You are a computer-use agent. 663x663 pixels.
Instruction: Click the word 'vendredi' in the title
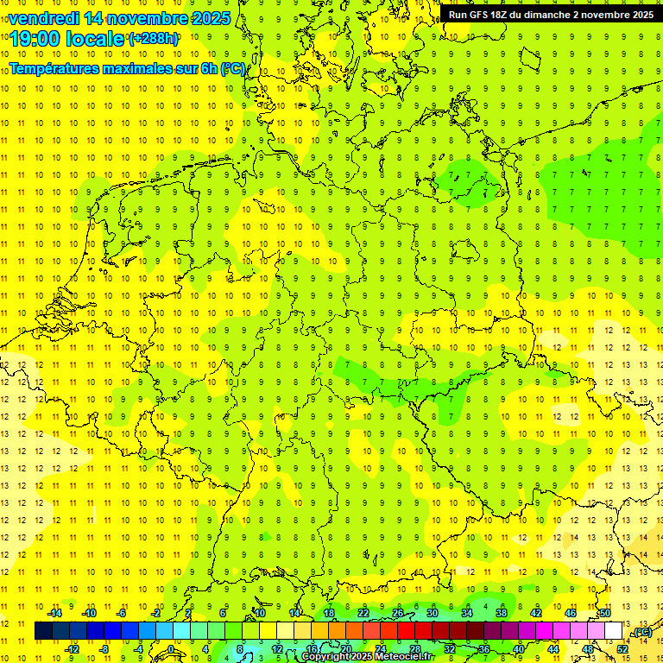click(x=45, y=18)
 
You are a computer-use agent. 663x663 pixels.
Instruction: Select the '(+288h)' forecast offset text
click(x=155, y=39)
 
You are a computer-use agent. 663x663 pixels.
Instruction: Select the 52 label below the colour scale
click(x=622, y=648)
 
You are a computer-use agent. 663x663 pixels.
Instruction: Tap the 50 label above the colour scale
click(x=606, y=613)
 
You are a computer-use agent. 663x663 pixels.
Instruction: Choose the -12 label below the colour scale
click(x=72, y=648)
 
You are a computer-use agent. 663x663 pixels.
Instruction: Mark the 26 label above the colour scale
click(x=398, y=613)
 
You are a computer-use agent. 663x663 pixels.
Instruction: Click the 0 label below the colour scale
click(x=171, y=648)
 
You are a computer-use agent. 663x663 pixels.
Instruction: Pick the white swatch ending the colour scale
click(x=614, y=631)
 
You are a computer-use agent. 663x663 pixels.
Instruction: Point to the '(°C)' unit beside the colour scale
click(x=642, y=632)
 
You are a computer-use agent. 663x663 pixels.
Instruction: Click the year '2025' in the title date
click(x=211, y=18)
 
